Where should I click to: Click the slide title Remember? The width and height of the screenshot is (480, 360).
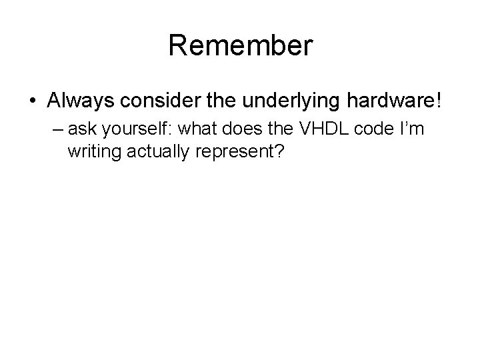click(239, 46)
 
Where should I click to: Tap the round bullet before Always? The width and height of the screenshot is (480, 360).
click(32, 101)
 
